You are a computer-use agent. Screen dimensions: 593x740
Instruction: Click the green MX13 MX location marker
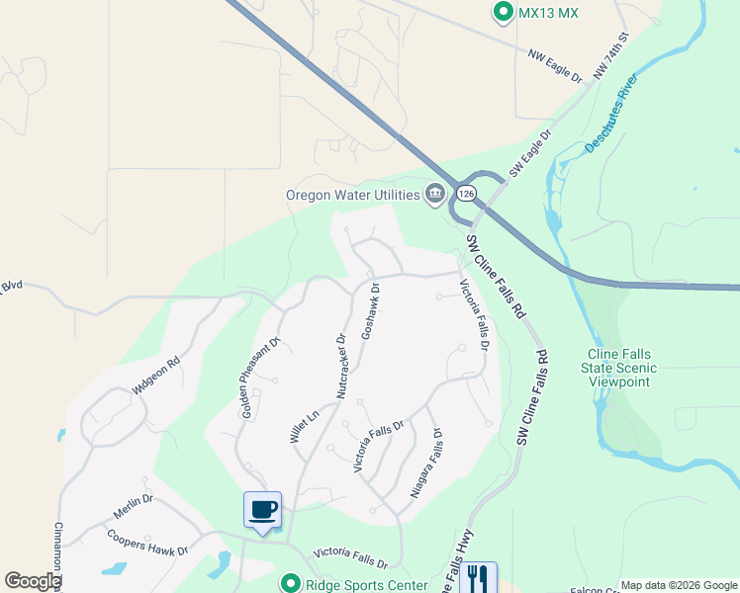point(503,13)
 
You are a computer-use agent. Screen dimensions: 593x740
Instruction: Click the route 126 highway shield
point(467,193)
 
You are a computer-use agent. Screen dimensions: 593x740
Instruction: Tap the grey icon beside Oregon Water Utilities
point(434,195)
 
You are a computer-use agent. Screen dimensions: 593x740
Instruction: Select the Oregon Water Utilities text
point(352,195)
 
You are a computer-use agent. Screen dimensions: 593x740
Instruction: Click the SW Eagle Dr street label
point(530,152)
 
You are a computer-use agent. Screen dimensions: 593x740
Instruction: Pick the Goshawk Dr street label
point(370,311)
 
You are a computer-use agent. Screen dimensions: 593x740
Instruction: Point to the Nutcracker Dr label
point(341,364)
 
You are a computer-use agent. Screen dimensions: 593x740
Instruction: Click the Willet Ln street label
point(304,426)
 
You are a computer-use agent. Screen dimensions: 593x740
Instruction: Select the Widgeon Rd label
point(156,378)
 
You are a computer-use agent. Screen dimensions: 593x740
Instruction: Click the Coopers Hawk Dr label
point(146,543)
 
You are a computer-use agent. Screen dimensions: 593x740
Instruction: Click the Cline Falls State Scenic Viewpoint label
point(622,367)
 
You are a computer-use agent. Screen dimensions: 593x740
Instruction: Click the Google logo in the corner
point(32,581)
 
